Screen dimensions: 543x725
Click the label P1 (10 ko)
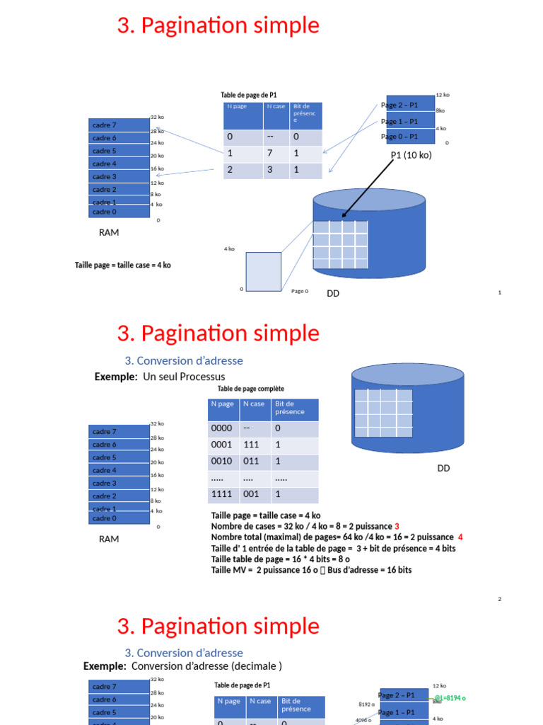coord(411,155)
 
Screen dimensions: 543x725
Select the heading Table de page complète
coord(251,389)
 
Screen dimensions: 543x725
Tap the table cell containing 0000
coord(222,429)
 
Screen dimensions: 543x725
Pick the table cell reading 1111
coord(222,494)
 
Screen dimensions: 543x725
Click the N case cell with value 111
coord(251,445)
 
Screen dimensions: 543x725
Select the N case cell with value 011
coord(251,462)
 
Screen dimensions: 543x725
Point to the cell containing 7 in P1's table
coord(270,153)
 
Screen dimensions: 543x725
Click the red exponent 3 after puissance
coord(397,526)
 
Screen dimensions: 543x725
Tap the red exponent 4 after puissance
coord(460,537)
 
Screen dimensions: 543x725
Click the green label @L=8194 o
coord(450,698)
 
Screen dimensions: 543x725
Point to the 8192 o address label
coord(365,704)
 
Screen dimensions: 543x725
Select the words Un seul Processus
coord(184,377)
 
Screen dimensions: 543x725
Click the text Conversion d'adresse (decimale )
coord(206,666)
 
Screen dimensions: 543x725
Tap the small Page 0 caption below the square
coord(300,291)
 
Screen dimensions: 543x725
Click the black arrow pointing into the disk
coord(368,188)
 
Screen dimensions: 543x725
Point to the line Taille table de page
coord(281,559)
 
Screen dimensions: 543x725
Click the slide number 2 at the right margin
coord(499,600)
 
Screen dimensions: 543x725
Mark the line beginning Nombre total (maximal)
coord(337,537)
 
